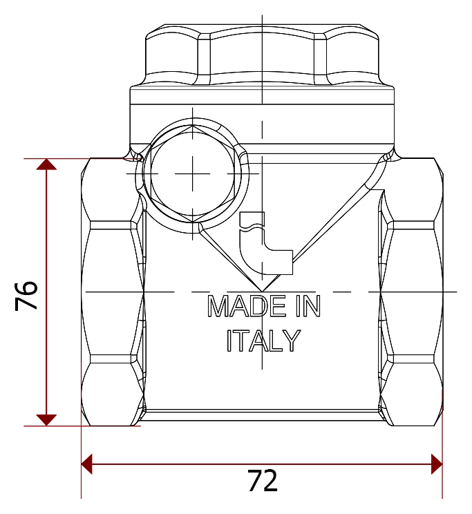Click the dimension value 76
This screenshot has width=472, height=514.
point(26,296)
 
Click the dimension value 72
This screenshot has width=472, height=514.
point(263,481)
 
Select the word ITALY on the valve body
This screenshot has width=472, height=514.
point(264,341)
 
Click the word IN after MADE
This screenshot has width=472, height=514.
point(308,306)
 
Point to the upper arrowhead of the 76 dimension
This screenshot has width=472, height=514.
point(46,164)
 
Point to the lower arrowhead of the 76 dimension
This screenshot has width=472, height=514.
point(46,420)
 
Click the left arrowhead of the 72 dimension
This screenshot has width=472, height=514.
point(87,464)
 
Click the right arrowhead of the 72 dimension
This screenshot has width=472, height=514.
point(437,464)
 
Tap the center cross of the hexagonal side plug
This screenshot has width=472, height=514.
point(192,173)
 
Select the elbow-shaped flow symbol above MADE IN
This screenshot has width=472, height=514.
point(265,243)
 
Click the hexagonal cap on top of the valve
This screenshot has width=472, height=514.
point(262,55)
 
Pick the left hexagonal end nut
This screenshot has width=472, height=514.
point(113,292)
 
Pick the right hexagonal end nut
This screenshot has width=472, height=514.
point(411,292)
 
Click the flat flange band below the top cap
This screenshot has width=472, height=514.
point(262,95)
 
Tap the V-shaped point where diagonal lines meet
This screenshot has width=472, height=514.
point(262,291)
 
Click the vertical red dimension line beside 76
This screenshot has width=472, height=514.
point(46,292)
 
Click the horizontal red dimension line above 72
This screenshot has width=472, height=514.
point(262,464)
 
